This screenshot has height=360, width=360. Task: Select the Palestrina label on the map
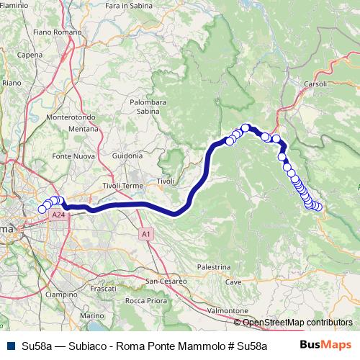(212, 266)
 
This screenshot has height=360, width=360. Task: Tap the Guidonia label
(127, 156)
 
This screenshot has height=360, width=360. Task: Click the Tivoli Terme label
(123, 185)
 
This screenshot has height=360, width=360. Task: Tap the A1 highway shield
(146, 234)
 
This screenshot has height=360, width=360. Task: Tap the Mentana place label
(62, 128)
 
